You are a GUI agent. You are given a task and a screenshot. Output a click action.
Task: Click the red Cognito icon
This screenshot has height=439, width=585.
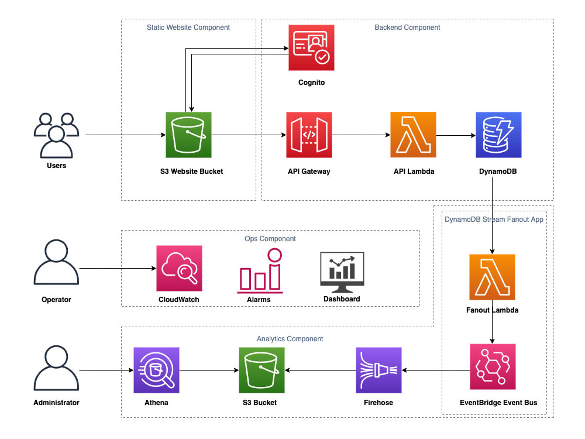[x=312, y=47]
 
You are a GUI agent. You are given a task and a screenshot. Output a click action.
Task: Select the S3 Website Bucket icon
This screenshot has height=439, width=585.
[x=188, y=135]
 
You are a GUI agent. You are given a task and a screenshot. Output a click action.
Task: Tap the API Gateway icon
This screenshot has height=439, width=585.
[x=309, y=135]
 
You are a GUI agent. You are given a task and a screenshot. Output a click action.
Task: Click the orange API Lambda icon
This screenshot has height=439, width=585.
[x=413, y=135]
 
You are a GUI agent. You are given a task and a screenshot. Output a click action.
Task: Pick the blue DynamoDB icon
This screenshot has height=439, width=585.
[x=499, y=135]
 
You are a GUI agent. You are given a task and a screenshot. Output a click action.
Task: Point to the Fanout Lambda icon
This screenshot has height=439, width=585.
[x=492, y=277]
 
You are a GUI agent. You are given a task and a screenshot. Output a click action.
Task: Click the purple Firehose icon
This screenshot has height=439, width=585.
[x=378, y=370]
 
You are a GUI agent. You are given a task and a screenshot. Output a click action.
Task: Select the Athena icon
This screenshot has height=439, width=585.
[x=156, y=370]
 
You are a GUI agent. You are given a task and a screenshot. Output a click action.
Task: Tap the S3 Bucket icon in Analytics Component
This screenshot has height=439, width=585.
[x=261, y=370]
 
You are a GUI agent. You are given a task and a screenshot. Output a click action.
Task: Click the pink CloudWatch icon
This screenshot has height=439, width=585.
[x=179, y=268]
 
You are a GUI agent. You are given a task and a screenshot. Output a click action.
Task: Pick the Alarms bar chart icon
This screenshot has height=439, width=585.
[x=260, y=272]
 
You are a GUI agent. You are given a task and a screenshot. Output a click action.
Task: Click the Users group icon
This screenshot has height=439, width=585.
[x=56, y=135]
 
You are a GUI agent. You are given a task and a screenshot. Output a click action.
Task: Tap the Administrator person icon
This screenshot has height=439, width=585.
[x=56, y=370]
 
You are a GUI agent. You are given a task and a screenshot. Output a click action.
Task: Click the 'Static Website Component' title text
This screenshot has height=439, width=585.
[x=188, y=28]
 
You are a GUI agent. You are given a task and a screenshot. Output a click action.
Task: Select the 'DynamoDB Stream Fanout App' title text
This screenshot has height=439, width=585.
[x=494, y=220]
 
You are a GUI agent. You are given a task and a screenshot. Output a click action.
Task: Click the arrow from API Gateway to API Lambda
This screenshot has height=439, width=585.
[x=361, y=135]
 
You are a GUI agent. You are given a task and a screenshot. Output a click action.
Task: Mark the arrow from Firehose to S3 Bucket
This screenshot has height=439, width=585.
[x=320, y=370]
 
